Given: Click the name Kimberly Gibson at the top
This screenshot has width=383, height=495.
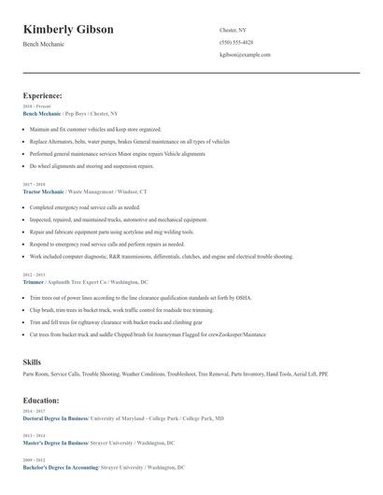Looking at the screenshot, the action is coord(68,30).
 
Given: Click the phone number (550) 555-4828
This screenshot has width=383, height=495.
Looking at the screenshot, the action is coord(235,42).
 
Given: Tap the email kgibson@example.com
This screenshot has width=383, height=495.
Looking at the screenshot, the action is coord(245,55).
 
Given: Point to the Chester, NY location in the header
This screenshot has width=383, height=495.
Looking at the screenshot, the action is coord(233,30).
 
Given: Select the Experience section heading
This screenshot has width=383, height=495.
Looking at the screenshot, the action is coord(43,95).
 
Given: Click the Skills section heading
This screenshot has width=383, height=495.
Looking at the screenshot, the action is coord(32,361).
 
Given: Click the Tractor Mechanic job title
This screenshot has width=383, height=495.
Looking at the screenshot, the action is coord(45,191).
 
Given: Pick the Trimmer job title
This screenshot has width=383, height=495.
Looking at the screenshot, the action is coord(35,281).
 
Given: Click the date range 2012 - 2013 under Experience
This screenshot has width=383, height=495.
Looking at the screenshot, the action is coord(32,275).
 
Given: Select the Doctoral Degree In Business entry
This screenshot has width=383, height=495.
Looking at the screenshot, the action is coord(55,418).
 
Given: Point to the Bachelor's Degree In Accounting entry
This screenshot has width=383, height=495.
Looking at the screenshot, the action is coord(58,467).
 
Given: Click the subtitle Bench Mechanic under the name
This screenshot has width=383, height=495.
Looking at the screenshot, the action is coord(45,45).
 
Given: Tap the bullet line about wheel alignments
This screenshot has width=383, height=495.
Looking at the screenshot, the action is coord(92,165).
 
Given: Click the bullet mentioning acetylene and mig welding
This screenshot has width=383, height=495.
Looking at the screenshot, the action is coord(112,232).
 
